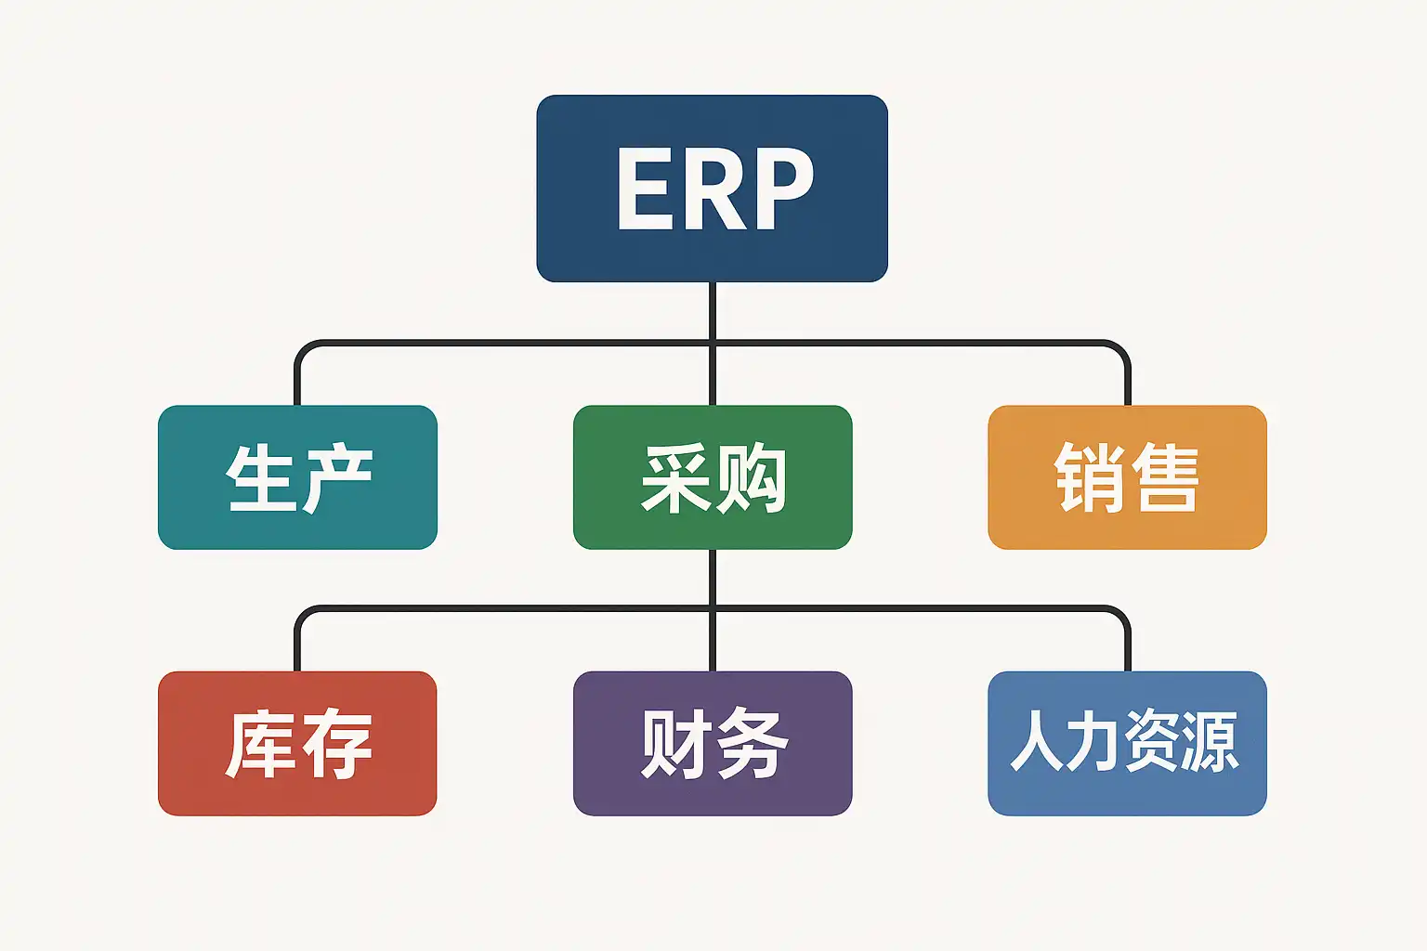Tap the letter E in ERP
(644, 190)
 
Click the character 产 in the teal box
(336, 478)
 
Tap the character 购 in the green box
(751, 478)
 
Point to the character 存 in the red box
(336, 743)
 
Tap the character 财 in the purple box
(674, 743)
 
